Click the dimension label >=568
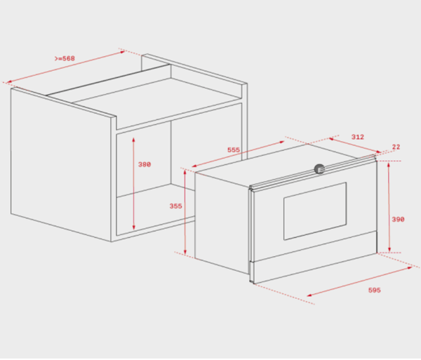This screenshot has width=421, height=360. [x=65, y=58]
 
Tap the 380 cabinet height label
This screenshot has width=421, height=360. [x=145, y=164]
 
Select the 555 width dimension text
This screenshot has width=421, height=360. [x=234, y=149]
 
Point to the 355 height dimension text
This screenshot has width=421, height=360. [x=175, y=206]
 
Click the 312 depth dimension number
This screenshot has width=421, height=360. [x=358, y=137]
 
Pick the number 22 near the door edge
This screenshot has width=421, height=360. [x=396, y=147]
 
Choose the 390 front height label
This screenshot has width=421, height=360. [x=398, y=220]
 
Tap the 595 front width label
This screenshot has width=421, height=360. [x=374, y=290]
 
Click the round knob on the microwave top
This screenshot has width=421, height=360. [x=319, y=169]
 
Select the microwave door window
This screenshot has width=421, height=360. [x=315, y=211]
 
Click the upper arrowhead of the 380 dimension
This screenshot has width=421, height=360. [x=133, y=140]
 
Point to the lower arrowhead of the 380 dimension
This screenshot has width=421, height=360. [x=134, y=227]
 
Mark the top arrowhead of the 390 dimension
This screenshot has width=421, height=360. [x=389, y=164]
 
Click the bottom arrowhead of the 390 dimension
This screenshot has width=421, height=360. [x=389, y=249]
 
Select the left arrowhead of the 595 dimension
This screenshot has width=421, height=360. [x=309, y=295]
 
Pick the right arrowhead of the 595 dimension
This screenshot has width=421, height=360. [x=410, y=267]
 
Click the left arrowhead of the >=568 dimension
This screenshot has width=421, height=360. [x=9, y=81]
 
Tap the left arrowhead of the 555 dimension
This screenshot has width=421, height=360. [x=194, y=166]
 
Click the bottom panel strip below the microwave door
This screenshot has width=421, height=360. [x=315, y=269]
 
